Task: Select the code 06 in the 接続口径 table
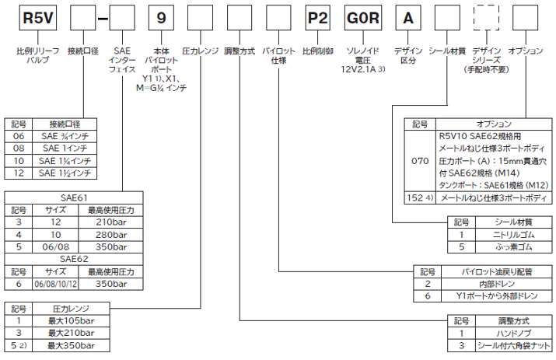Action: [19, 135]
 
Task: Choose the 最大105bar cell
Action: [69, 320]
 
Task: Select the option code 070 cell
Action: [419, 163]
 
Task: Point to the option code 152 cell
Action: [419, 198]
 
